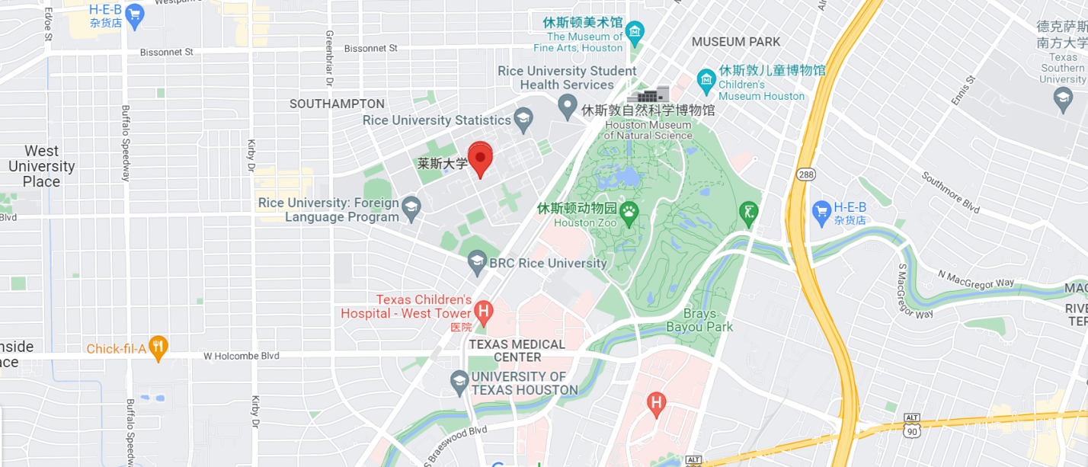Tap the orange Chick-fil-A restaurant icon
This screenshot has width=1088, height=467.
coord(158,348)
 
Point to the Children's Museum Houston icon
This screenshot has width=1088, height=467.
coord(706,78)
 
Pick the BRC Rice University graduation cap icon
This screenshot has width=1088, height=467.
coord(477,264)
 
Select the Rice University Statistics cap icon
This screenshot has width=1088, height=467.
coord(523,119)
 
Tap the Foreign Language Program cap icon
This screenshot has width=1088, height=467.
coord(411,208)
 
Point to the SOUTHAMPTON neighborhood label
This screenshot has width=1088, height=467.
coord(337,104)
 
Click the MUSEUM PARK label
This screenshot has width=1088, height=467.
coord(736,42)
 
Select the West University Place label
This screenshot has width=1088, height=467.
coord(41,166)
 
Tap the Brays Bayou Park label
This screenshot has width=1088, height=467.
coord(699,320)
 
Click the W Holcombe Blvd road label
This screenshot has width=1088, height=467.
coord(241,356)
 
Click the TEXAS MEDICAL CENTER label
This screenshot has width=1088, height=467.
coord(517,350)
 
